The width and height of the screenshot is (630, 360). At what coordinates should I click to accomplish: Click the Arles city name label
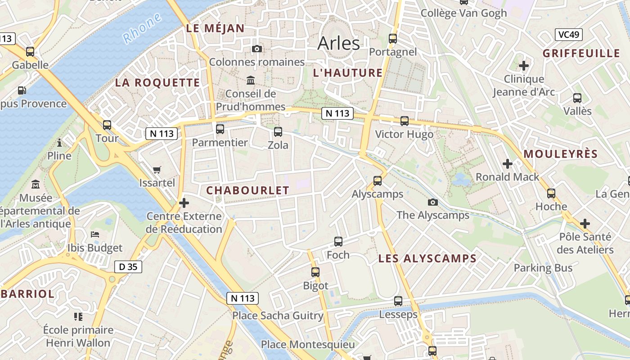(x=338, y=43)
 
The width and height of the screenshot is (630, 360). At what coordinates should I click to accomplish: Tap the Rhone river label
(x=142, y=28)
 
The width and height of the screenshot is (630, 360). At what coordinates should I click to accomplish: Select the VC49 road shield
(x=569, y=35)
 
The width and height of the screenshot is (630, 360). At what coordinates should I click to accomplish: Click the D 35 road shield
(x=128, y=267)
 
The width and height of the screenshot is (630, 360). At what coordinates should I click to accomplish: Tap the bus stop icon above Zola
(x=278, y=132)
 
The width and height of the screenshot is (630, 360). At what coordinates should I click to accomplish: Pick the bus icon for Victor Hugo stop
(x=405, y=121)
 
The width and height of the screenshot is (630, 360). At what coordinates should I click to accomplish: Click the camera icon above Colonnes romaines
(x=257, y=49)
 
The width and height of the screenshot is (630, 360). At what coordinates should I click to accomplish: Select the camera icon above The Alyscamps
(x=433, y=202)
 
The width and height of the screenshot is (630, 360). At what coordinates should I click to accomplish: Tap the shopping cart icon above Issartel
(x=157, y=170)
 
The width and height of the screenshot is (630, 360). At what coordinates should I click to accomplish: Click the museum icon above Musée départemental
(x=36, y=184)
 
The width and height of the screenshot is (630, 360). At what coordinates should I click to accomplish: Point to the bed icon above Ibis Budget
(x=95, y=234)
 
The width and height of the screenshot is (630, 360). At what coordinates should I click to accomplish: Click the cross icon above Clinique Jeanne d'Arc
(x=524, y=66)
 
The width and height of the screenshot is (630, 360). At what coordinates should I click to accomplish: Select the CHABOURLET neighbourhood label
(x=247, y=190)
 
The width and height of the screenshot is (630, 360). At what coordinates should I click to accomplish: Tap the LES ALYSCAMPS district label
(x=427, y=258)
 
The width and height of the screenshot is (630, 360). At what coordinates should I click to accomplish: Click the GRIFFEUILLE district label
(x=581, y=53)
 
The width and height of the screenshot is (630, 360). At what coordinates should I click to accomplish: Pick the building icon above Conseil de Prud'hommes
(x=251, y=81)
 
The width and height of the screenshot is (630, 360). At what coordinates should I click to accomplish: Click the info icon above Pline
(x=59, y=143)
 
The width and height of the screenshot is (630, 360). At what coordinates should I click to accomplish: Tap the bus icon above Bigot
(x=315, y=272)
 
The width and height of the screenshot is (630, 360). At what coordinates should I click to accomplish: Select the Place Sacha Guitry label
(x=278, y=315)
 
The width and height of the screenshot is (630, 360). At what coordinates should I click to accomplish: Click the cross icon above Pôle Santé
(x=585, y=223)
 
